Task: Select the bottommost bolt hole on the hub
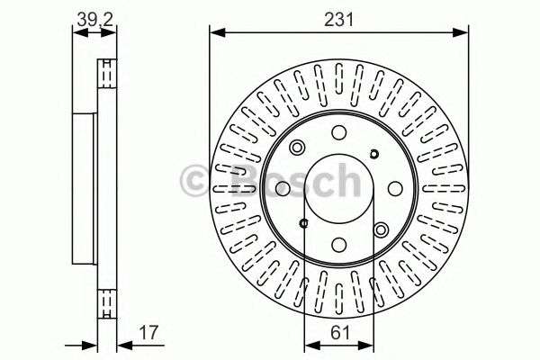pos(338,243)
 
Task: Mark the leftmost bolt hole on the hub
pos(283,187)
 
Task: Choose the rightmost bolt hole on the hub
pos(394,187)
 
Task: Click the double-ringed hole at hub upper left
pos(299,148)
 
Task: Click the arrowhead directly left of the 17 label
pos(116,342)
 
